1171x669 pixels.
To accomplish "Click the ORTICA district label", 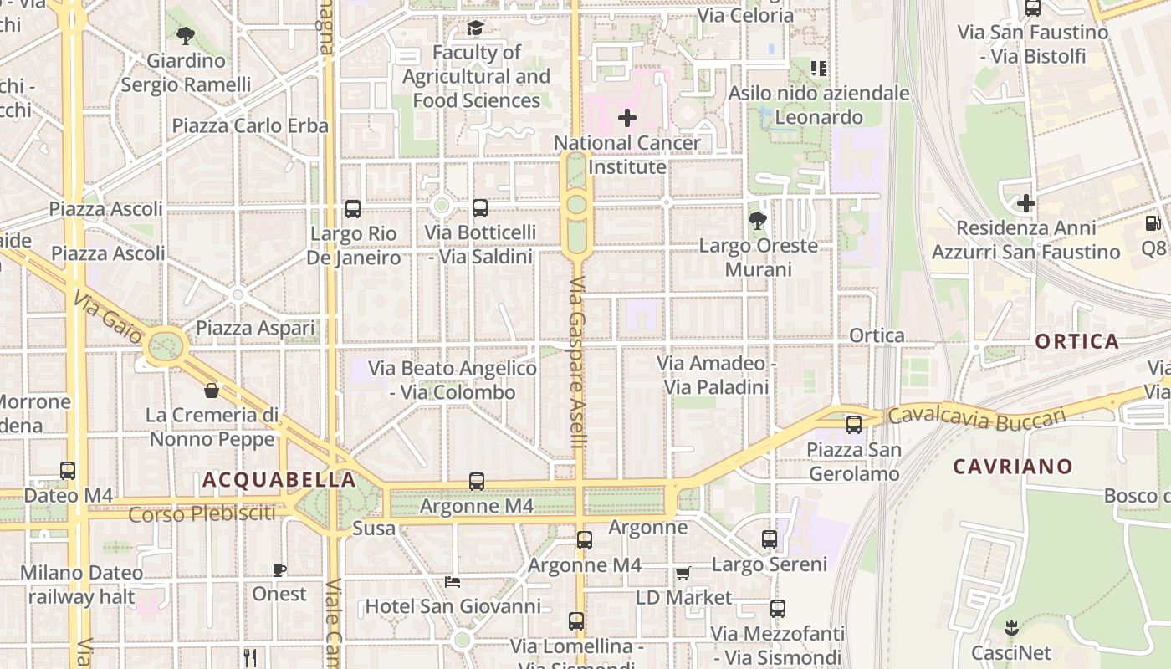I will (1076, 341).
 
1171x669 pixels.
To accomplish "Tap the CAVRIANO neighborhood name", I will (1012, 467).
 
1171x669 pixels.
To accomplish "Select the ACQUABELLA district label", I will (279, 480).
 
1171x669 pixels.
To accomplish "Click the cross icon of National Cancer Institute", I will (626, 119).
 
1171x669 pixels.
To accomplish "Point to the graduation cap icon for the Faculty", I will (475, 29).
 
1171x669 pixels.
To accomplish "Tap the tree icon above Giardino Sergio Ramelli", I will (185, 36).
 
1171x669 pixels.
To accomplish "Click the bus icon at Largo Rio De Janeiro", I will (353, 208).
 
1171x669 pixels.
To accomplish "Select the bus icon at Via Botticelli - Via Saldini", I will (479, 208).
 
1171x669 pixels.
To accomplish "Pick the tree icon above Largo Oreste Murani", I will (758, 221).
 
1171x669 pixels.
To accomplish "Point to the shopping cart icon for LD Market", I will (683, 574).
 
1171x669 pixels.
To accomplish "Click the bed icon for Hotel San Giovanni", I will (453, 582).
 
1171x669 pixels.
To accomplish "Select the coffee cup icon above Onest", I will (279, 569).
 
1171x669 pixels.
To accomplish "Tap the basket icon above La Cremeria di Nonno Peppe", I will (212, 391).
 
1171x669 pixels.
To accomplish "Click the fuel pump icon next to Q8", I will (1153, 223).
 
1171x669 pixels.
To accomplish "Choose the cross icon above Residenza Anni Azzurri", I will (1025, 203).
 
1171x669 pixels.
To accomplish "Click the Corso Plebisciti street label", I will (202, 513).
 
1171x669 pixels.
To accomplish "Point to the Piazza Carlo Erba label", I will (250, 125).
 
